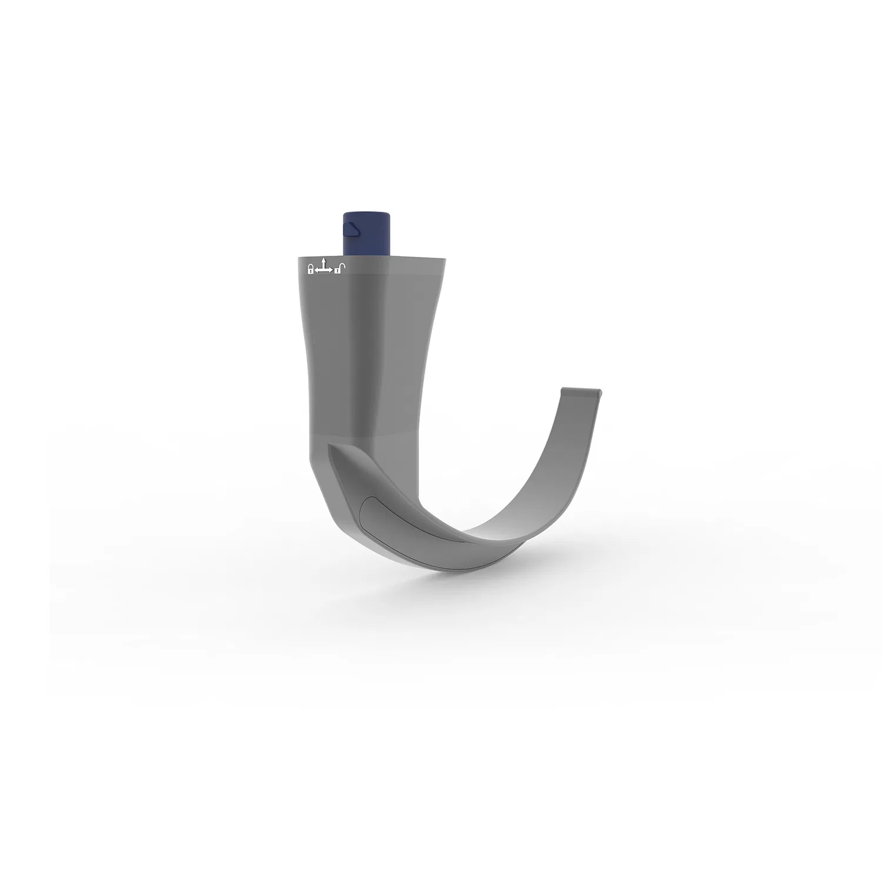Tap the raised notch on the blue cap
click(351, 228)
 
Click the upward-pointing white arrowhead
click(323, 260)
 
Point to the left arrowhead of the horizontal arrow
click(316, 270)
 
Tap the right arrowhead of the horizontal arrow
click(331, 270)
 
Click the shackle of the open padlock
click(342, 266)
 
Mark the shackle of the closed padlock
click(310, 266)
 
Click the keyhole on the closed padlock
click(310, 271)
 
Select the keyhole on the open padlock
click(338, 271)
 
